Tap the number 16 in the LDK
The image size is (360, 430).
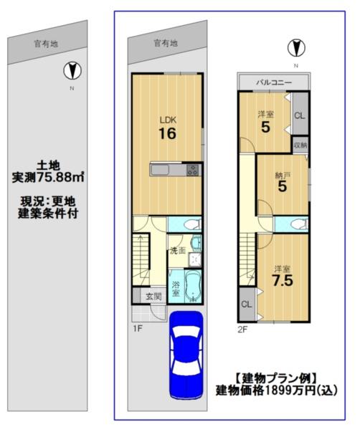(167, 134)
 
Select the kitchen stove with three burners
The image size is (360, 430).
(193, 170)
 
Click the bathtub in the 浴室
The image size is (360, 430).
(193, 287)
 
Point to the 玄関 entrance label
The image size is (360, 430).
(153, 296)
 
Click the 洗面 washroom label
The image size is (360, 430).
(178, 250)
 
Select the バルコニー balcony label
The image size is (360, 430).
(274, 82)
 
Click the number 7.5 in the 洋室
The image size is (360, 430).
(283, 280)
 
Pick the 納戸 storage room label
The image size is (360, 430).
(283, 176)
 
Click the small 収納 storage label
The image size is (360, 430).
(300, 145)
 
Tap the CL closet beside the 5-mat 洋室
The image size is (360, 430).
(300, 115)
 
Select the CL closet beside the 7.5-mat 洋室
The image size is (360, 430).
(247, 305)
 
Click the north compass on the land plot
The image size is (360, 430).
(72, 71)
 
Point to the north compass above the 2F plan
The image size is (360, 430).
(296, 48)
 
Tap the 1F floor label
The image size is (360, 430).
(138, 328)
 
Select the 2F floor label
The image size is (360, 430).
(242, 329)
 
